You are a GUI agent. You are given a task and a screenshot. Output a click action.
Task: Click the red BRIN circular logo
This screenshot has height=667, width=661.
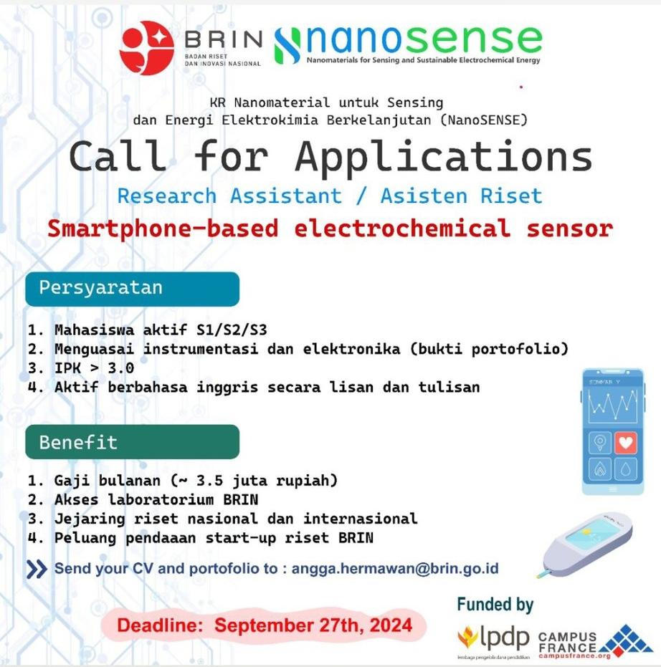point(147,48)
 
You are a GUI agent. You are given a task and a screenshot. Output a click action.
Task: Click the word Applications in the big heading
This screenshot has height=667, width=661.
point(444,157)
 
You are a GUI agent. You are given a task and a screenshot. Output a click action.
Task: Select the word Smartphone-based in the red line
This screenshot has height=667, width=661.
point(163,229)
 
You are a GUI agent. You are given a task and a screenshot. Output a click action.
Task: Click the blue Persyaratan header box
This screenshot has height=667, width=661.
point(133,289)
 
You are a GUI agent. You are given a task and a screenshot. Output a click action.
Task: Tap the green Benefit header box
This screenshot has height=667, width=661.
point(133,442)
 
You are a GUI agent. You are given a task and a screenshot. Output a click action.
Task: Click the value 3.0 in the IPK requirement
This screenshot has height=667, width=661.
point(121,368)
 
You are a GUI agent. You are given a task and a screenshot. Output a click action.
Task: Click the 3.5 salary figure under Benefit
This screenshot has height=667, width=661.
point(210,481)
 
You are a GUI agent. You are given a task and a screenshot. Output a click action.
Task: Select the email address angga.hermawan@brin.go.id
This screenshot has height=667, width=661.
point(395,569)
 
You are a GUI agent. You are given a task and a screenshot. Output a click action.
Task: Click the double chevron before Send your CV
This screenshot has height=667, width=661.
point(37,569)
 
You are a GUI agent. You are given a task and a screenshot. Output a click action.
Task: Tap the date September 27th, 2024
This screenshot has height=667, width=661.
point(313,625)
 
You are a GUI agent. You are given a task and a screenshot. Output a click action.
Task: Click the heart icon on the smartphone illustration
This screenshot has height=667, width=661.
point(625,443)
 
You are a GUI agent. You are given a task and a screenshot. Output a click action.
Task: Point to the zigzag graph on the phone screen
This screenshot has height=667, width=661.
point(613,405)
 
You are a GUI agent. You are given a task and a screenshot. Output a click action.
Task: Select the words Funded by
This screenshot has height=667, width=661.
point(495,605)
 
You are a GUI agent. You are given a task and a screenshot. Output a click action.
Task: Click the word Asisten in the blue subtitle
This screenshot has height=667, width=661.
point(424,196)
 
